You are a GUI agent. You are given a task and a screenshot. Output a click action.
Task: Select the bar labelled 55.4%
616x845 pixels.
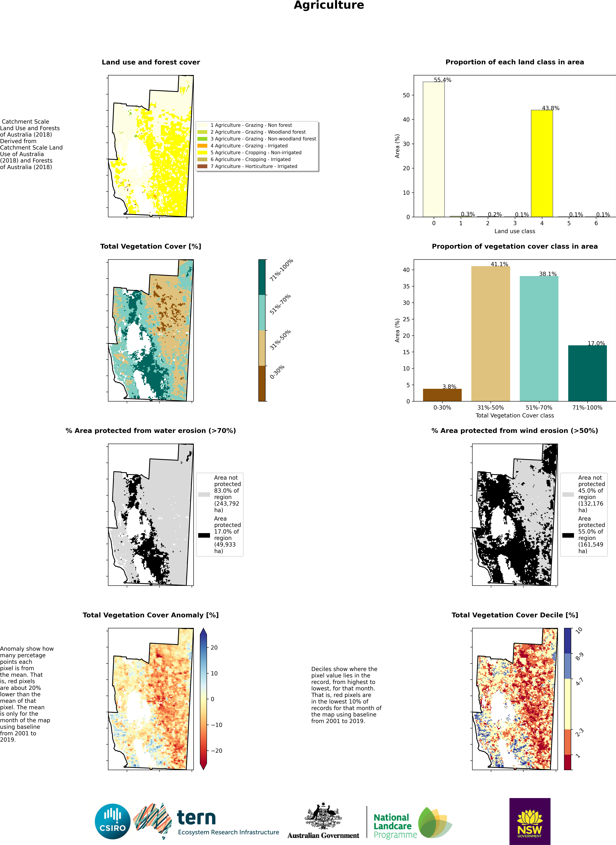click(434, 149)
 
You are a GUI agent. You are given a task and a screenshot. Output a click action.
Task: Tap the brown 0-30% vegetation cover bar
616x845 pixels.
click(442, 395)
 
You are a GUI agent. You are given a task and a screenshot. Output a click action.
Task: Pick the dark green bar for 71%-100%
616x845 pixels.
click(587, 373)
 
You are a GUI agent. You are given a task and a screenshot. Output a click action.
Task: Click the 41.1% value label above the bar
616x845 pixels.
click(499, 264)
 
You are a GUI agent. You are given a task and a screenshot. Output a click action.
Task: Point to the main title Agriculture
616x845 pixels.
click(329, 5)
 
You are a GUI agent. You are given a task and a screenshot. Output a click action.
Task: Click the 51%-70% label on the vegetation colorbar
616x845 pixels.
click(280, 304)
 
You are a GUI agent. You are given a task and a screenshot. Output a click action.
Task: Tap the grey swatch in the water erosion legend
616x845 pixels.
click(204, 494)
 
